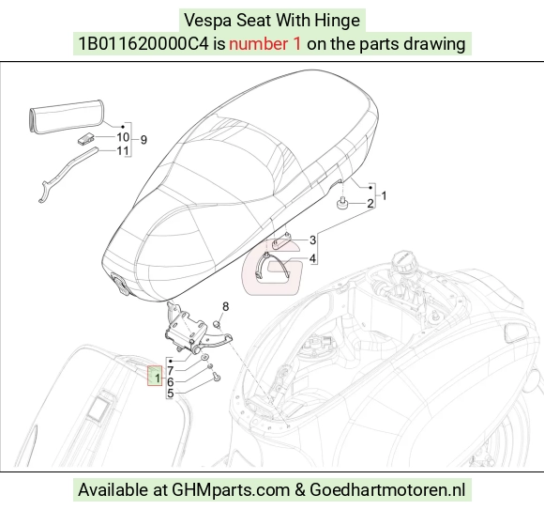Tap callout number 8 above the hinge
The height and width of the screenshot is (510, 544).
pyautogui.click(x=225, y=307)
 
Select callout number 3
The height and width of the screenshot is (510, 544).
pyautogui.click(x=312, y=240)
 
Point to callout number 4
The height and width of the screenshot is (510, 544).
pyautogui.click(x=312, y=258)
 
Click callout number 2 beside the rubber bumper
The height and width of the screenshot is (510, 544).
pyautogui.click(x=370, y=203)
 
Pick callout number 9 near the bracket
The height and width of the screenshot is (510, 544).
pyautogui.click(x=144, y=140)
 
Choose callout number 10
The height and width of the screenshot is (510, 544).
pyautogui.click(x=123, y=137)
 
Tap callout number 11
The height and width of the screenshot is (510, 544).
pyautogui.click(x=123, y=151)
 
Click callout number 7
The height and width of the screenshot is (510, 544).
pyautogui.click(x=171, y=371)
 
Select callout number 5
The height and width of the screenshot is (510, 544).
pyautogui.click(x=171, y=394)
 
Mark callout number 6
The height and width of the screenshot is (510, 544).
pyautogui.click(x=171, y=382)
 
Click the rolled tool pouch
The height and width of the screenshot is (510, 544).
pyautogui.click(x=66, y=116)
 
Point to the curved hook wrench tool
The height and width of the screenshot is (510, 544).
pyautogui.click(x=66, y=173)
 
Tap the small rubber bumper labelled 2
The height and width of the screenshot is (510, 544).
pyautogui.click(x=342, y=203)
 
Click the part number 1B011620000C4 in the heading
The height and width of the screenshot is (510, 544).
pyautogui.click(x=144, y=44)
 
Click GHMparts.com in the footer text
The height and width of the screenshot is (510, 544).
pyautogui.click(x=231, y=490)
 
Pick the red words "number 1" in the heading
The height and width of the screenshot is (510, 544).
pyautogui.click(x=264, y=44)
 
